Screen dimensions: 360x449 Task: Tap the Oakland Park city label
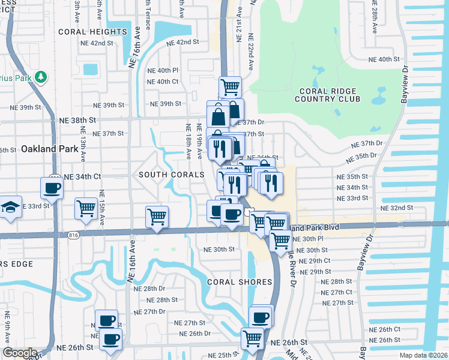click(x=47, y=148)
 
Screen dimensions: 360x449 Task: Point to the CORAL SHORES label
click(x=240, y=281)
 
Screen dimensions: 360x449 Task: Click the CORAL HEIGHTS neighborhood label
click(x=101, y=32)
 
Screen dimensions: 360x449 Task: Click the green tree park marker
click(x=41, y=77)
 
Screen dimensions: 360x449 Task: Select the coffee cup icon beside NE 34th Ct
click(x=52, y=188)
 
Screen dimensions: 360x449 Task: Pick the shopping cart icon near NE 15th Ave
click(x=86, y=209)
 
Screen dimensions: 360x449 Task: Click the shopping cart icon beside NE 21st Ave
click(x=230, y=87)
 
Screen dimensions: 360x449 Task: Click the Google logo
click(x=20, y=353)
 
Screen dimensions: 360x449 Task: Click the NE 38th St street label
click(x=77, y=120)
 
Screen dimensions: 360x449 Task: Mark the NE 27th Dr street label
click(x=149, y=311)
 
